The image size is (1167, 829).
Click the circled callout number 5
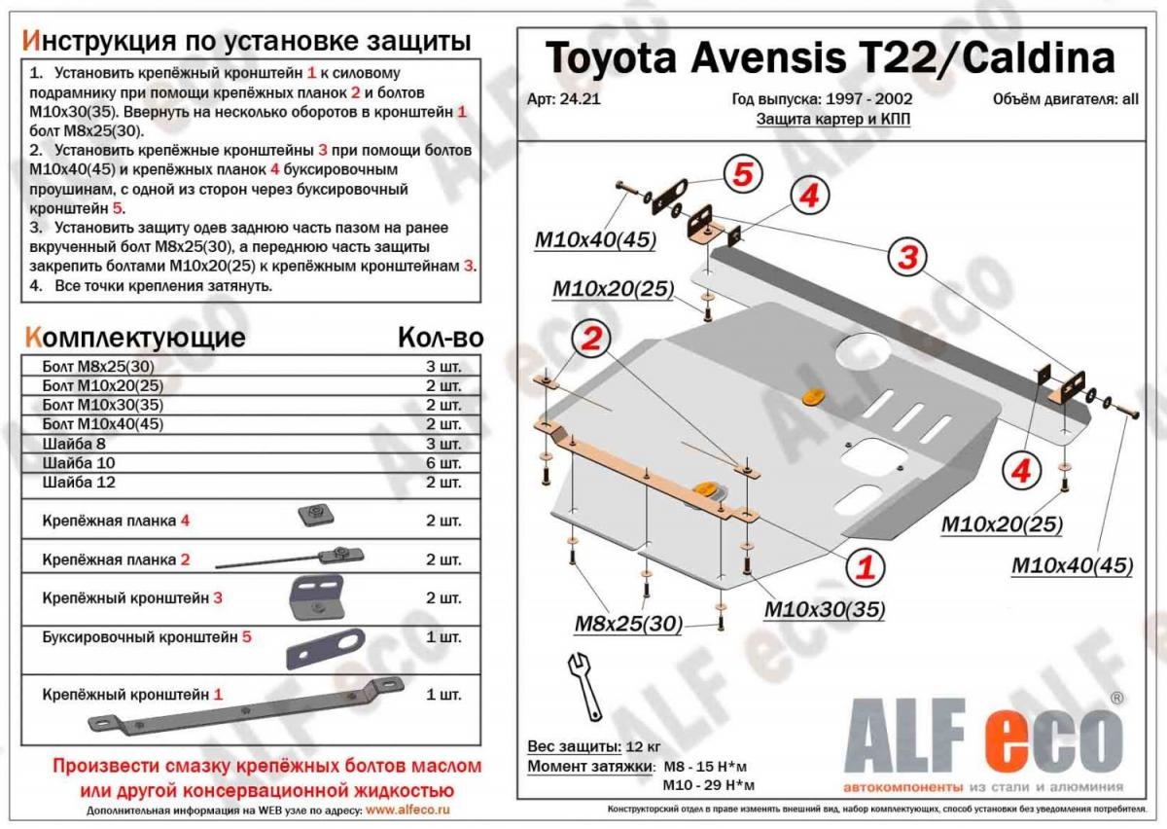point(742,174)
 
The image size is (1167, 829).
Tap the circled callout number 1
point(866,567)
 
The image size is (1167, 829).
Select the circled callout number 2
point(591,339)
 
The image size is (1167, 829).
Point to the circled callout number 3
point(907,257)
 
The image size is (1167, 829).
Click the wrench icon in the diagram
point(586,687)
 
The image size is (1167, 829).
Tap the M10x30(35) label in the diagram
point(825,609)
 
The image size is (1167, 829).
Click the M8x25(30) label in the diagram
point(628,624)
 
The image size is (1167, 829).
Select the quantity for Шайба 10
point(443,463)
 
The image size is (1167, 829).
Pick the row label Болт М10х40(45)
point(103,424)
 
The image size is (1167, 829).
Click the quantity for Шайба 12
point(443,483)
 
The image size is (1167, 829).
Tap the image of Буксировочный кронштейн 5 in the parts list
point(326,649)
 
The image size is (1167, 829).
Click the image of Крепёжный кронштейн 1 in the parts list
point(245,705)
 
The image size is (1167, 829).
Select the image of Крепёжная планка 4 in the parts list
point(316,515)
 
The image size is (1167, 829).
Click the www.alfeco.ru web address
point(407,811)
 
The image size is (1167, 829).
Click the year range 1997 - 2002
point(867,99)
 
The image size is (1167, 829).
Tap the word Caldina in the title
point(1039,58)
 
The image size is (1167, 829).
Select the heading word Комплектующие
point(135,338)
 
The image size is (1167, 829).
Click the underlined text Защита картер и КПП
point(833,120)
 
